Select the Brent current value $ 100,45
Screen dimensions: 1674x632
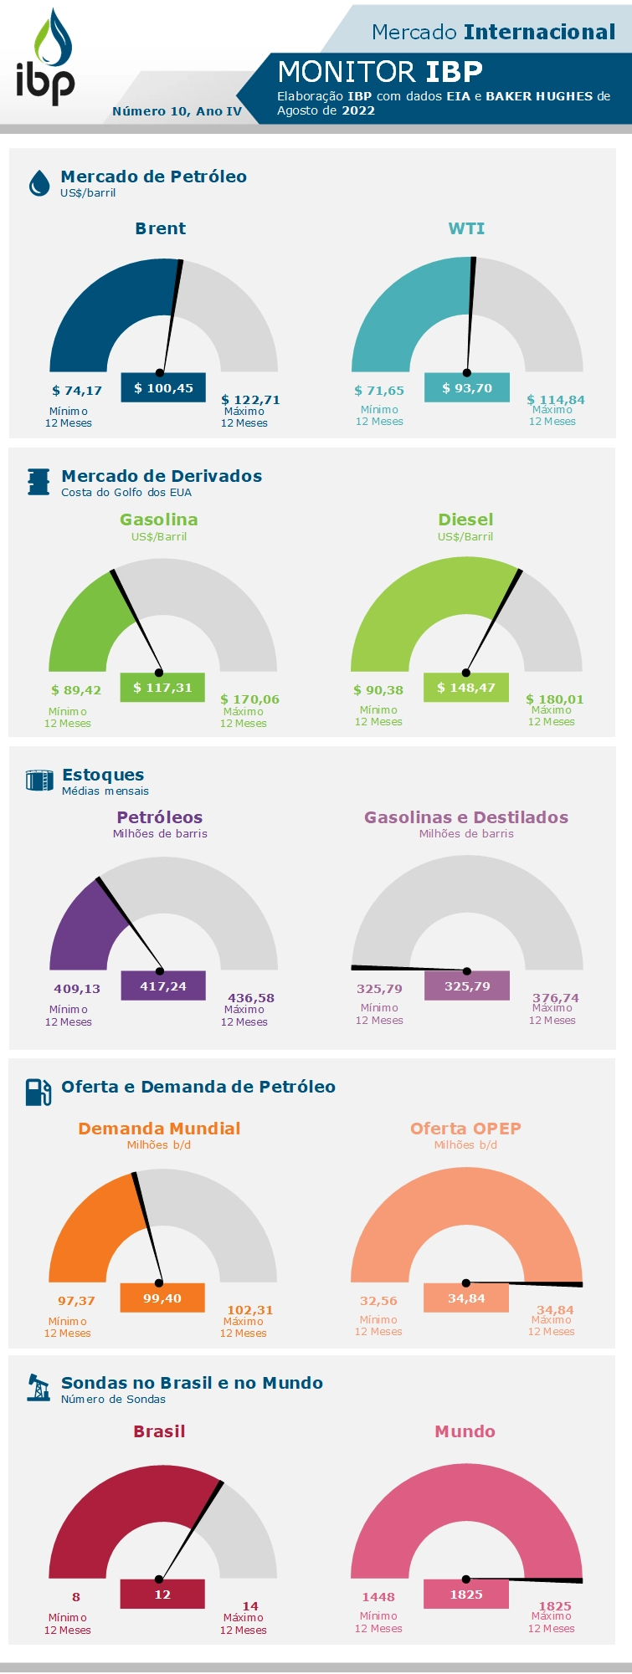(163, 388)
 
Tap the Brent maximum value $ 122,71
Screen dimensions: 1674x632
(250, 400)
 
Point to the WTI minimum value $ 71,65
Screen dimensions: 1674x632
(379, 391)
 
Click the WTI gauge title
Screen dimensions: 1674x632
(466, 228)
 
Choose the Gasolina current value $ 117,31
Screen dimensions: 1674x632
(162, 688)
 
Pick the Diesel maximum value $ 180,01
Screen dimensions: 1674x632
(554, 699)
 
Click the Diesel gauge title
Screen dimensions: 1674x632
(465, 520)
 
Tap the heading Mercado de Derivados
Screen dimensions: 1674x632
(162, 476)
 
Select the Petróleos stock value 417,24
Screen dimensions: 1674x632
(163, 986)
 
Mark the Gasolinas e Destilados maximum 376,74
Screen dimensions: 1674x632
(555, 998)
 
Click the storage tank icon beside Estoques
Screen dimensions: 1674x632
(39, 781)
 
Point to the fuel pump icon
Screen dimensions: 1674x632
(39, 1091)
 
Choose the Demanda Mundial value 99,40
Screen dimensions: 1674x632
(162, 1298)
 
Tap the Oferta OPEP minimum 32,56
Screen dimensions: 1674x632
(378, 1301)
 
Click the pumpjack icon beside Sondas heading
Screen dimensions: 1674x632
(39, 1388)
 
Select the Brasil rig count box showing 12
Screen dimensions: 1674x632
(162, 1595)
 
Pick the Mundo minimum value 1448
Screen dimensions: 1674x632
(378, 1597)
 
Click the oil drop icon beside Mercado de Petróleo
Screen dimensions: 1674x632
(39, 182)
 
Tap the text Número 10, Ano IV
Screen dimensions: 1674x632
(177, 111)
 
